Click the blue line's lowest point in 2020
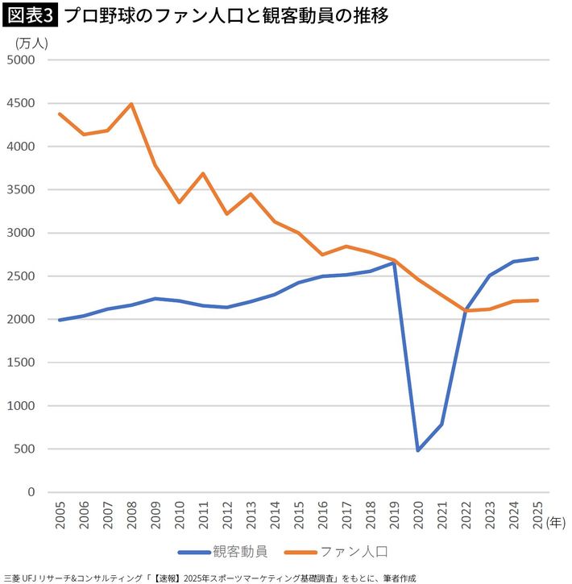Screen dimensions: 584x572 (418, 449)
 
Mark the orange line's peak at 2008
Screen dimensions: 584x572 (131, 104)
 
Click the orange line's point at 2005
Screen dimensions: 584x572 (60, 114)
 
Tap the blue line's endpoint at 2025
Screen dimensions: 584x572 (537, 259)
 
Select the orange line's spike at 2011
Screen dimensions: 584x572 (203, 173)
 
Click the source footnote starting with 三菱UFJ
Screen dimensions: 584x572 (209, 577)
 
